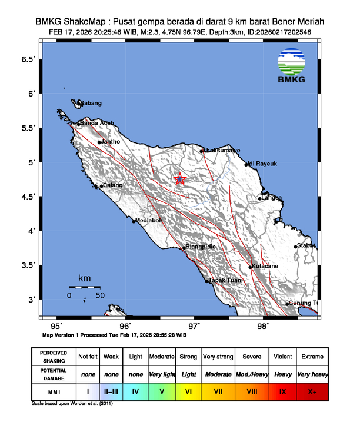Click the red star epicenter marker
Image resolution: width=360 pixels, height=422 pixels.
point(180,180)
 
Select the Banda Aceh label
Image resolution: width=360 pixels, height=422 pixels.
point(97,123)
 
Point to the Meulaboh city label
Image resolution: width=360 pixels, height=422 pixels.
point(149,221)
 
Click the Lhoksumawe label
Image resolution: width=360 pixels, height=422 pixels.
point(222,151)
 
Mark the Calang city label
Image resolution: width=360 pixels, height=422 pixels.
point(114,185)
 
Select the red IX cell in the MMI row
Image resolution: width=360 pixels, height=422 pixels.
point(282,391)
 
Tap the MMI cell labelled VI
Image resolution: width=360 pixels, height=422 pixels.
point(188,391)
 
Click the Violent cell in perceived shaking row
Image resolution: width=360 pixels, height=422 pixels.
point(282,357)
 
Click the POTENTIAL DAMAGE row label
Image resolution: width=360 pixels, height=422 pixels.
point(54,374)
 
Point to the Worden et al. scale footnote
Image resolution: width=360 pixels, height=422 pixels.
point(72,404)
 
